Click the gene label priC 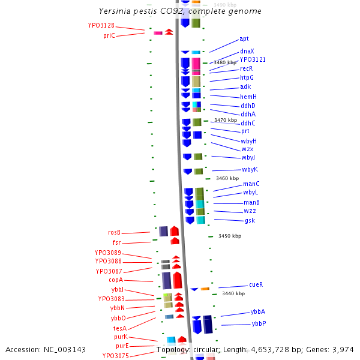point(109,36)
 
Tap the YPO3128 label point(101,26)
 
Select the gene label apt point(244,38)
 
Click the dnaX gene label point(247,52)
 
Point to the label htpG point(247,77)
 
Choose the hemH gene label point(248,97)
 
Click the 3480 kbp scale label point(226,62)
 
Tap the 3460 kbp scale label point(227,178)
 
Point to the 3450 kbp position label point(229,236)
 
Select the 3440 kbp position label point(233,293)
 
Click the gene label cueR point(256,284)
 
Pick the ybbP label point(259,323)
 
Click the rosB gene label point(114,232)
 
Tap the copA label point(116,280)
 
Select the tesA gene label point(120,328)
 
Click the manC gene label point(251,184)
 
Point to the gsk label point(250,220)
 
